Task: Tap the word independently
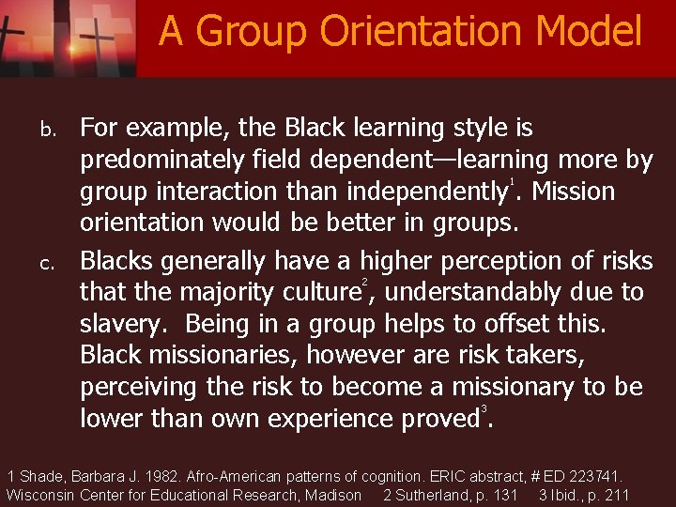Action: (427, 192)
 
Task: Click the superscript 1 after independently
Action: (512, 181)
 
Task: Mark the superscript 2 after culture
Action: (365, 282)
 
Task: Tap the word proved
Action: (433, 418)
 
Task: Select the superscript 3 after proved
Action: (484, 407)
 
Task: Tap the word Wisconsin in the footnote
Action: (41, 495)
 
